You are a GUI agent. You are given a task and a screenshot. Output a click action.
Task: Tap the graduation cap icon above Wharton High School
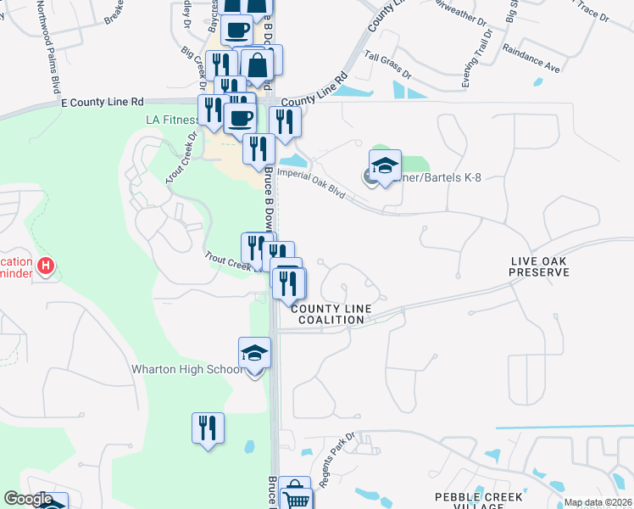click(254, 353)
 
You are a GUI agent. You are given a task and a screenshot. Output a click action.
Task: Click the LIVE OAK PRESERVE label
click(540, 266)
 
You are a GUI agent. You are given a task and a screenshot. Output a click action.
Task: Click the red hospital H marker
click(47, 266)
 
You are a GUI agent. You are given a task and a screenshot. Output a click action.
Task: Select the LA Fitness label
click(172, 120)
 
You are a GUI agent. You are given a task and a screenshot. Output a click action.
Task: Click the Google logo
click(28, 500)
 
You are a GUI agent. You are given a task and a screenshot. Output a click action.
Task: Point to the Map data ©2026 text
click(598, 502)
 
